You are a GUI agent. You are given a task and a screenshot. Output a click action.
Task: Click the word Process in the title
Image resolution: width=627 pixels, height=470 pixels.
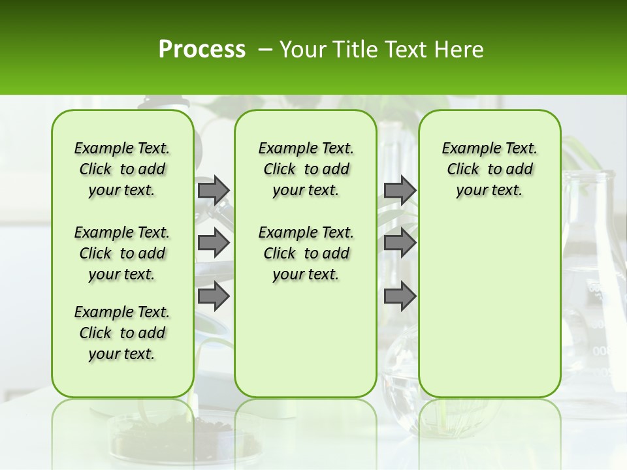point(202,50)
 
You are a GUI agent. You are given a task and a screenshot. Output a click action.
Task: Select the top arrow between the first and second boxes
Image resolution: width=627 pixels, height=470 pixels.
point(214,190)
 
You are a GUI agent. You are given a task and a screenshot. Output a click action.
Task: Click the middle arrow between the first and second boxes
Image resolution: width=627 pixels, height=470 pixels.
point(214,243)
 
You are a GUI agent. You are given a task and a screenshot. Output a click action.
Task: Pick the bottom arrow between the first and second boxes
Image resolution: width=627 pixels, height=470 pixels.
point(214,296)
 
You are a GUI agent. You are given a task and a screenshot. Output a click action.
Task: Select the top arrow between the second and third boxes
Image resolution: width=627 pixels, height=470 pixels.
point(400,190)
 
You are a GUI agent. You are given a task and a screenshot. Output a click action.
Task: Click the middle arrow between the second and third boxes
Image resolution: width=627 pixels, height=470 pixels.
point(400,243)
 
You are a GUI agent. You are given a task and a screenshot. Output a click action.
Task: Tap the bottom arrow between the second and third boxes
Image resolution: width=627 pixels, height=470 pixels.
point(400,296)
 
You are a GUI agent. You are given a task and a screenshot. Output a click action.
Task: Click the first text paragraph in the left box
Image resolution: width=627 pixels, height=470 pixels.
point(122,169)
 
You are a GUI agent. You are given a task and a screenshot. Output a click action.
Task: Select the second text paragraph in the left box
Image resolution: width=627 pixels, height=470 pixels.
point(122,253)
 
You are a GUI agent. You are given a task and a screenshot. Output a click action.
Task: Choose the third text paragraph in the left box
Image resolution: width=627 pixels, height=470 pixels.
point(122,333)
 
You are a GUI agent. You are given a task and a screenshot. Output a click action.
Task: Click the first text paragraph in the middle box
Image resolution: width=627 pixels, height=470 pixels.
point(306,169)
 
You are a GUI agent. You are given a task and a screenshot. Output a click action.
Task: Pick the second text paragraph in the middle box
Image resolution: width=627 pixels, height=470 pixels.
point(306,253)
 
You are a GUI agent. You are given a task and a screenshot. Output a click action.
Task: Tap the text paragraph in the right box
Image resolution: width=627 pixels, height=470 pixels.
point(489,169)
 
